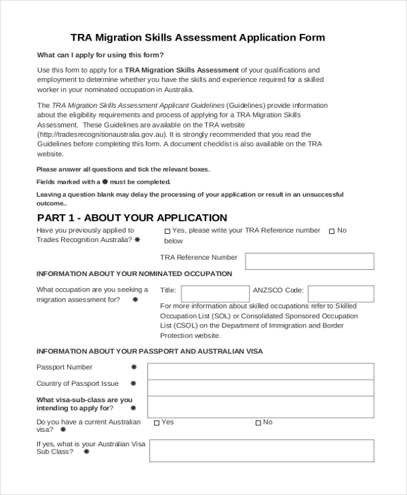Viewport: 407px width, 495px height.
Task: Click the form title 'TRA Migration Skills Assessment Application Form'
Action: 197,37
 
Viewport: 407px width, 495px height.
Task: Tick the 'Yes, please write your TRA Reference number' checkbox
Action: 167,231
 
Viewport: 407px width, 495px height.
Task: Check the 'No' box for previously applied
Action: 332,231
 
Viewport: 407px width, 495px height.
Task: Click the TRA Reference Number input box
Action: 309,261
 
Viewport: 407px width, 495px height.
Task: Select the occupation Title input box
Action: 215,294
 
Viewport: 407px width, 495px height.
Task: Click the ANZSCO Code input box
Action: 341,294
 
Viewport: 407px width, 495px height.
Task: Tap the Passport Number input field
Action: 260,371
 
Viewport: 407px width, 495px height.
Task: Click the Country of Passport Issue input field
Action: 260,388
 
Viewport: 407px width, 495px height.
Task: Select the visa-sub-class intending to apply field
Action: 260,407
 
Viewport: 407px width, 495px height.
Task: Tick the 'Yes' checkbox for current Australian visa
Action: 157,423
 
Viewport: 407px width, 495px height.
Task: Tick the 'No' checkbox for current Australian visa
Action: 258,423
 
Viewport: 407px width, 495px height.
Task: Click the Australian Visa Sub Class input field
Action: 261,450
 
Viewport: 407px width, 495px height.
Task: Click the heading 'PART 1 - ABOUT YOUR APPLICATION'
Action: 132,218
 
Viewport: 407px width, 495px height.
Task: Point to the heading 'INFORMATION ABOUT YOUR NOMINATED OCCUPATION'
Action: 134,274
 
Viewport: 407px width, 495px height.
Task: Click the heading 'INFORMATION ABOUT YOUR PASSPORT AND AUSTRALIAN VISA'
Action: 149,351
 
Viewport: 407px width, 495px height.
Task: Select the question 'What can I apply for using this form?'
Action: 100,55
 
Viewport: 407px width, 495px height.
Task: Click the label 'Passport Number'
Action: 64,368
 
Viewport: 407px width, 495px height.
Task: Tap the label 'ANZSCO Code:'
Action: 278,290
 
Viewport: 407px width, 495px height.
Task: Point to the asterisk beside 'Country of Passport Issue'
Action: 133,384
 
